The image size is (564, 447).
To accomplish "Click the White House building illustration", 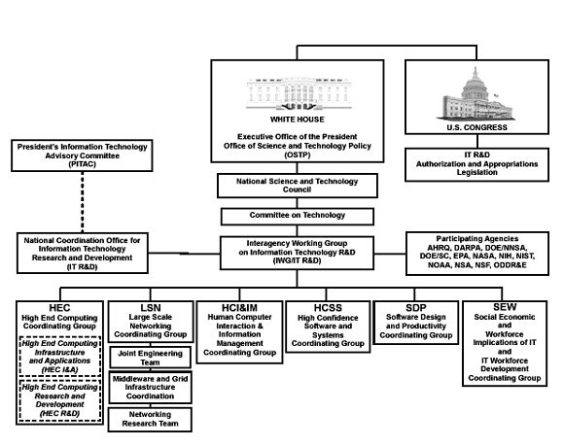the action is [x=299, y=93].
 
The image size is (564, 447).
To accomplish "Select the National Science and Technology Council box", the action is [x=298, y=186].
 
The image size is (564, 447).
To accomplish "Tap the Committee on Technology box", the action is [x=298, y=217].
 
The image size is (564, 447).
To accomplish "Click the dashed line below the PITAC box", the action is [x=83, y=202].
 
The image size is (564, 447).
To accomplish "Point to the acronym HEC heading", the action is [x=59, y=308].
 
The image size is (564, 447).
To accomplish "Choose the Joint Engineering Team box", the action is [x=150, y=358].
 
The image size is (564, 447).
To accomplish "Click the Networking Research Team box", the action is [x=150, y=419].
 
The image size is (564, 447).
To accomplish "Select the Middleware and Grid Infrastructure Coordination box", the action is [x=150, y=388].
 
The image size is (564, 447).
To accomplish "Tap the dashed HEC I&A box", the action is [x=59, y=357].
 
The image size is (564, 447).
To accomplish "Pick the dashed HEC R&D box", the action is [x=59, y=400].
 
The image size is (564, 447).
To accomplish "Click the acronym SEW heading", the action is [x=505, y=307].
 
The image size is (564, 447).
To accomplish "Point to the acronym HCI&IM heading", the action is [x=239, y=308].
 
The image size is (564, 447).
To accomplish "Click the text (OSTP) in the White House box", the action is [x=298, y=155].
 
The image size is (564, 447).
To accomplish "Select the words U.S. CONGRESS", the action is [x=476, y=127].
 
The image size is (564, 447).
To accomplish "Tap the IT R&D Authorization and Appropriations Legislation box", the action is [x=476, y=164].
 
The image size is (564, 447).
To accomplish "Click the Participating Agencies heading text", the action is [x=477, y=239].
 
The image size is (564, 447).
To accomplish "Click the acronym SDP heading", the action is [x=416, y=308].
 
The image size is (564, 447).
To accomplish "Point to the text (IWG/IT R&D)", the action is [x=298, y=260].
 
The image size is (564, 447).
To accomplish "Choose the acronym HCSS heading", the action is [x=328, y=308].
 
